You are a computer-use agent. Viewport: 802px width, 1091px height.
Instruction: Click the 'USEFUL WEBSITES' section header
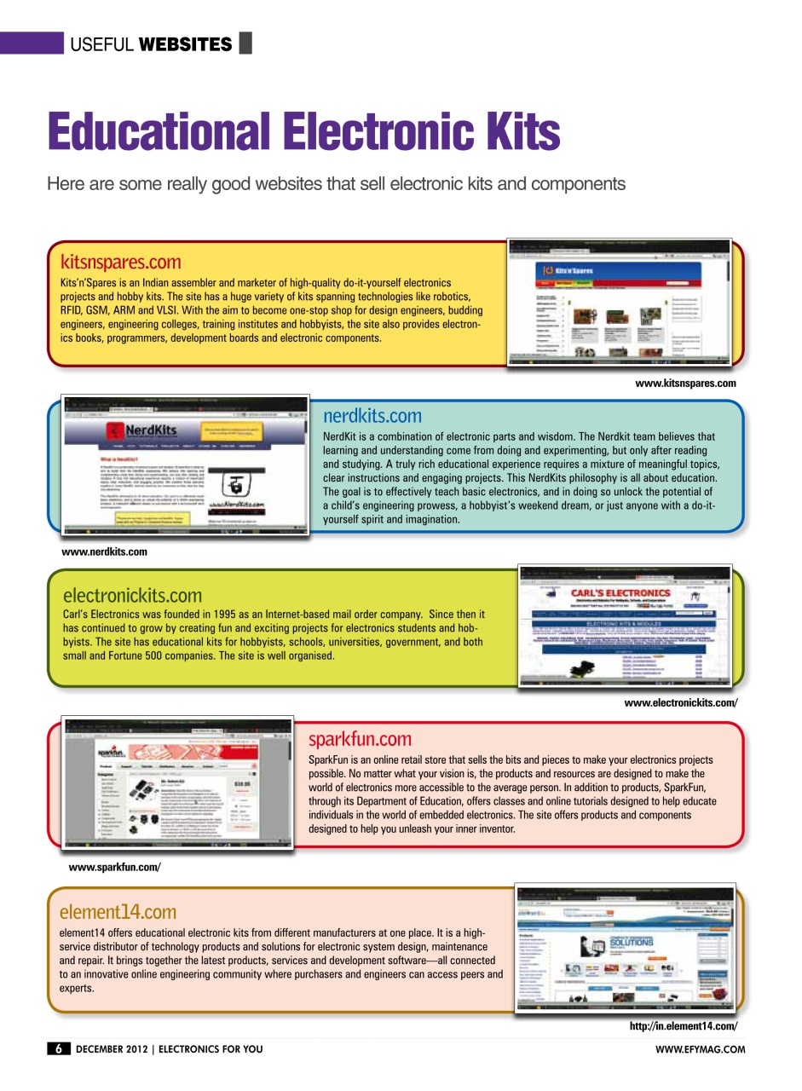pyautogui.click(x=151, y=44)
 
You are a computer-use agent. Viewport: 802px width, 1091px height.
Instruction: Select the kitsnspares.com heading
pyautogui.click(x=120, y=262)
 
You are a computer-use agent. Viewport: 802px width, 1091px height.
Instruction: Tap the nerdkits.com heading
pyautogui.click(x=372, y=416)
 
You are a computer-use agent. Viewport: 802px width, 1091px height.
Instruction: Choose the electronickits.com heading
pyautogui.click(x=132, y=595)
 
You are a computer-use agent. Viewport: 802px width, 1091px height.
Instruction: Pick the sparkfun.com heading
pyautogui.click(x=360, y=739)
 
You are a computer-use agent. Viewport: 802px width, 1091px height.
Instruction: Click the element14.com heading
pyautogui.click(x=118, y=912)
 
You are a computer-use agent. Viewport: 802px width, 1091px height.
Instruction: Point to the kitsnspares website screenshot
pyautogui.click(x=619, y=303)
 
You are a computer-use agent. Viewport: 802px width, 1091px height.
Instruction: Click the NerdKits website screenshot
pyautogui.click(x=185, y=465)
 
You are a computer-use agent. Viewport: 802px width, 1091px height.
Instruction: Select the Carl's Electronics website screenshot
pyautogui.click(x=625, y=625)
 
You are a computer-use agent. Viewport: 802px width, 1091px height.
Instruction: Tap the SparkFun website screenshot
pyautogui.click(x=177, y=783)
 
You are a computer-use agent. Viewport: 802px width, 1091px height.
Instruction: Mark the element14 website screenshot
pyautogui.click(x=625, y=949)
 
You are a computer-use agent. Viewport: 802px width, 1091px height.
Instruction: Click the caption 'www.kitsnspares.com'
pyautogui.click(x=685, y=384)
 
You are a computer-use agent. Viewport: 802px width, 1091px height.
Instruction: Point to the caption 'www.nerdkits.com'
pyautogui.click(x=104, y=551)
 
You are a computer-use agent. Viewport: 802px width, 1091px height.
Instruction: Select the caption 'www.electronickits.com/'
pyautogui.click(x=681, y=703)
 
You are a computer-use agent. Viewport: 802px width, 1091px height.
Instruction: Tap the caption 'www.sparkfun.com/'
pyautogui.click(x=114, y=868)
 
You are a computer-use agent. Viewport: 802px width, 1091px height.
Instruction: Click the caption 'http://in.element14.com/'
pyautogui.click(x=684, y=1026)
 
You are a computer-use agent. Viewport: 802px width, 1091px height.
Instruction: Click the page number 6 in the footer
pyautogui.click(x=58, y=1049)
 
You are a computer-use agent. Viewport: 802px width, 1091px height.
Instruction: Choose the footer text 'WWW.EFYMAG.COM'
pyautogui.click(x=700, y=1049)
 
